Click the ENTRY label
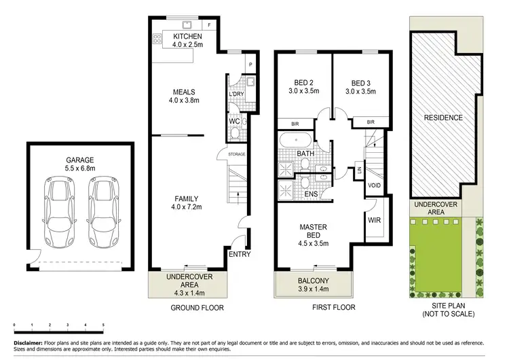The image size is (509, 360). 240,255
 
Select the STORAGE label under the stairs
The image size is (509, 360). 236,154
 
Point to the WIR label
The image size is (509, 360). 373,220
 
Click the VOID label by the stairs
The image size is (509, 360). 374,185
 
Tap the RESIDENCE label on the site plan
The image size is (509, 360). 443,118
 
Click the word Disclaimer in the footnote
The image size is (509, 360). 26,344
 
